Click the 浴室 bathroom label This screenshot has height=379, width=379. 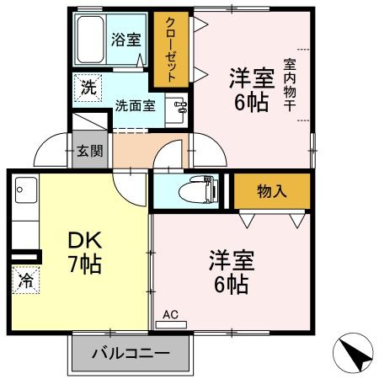coord(126,40)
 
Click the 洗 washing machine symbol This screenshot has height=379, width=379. coord(88,87)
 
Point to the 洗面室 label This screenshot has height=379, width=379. coord(136,106)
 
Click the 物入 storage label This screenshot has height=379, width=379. coord(271,190)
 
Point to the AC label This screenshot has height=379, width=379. coord(171,315)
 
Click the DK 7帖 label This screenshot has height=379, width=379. coord(84,251)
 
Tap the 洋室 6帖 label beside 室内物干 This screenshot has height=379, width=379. coord(252,90)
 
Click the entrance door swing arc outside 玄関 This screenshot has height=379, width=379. coord(51,152)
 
